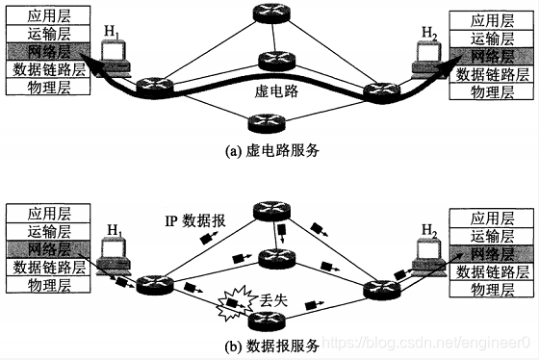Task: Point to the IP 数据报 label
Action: [x=196, y=220]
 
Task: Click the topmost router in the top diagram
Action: [x=267, y=13]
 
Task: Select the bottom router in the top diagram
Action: [x=263, y=121]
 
